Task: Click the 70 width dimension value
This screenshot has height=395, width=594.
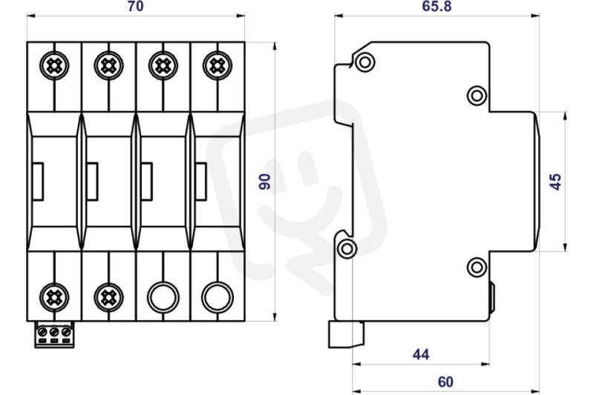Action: coord(136,7)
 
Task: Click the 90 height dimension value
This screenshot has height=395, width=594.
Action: coord(265,182)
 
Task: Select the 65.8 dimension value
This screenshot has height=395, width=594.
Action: coord(437,7)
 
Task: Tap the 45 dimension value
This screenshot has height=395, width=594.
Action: coord(555,182)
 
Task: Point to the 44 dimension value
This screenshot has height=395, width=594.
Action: coord(421,354)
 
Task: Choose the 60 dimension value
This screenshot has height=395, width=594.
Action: coord(446,382)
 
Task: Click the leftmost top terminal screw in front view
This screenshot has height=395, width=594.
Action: coord(54,66)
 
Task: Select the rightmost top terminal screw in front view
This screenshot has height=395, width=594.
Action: coord(218,66)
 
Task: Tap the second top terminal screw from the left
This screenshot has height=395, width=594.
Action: coord(108,66)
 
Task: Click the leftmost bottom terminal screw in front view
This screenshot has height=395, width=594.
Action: coord(54,297)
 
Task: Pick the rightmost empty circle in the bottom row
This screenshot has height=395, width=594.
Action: coord(217,297)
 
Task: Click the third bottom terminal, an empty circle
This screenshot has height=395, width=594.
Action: coord(163,297)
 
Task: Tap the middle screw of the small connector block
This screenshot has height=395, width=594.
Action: coord(54,332)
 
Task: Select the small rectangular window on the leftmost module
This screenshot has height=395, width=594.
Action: coord(38,182)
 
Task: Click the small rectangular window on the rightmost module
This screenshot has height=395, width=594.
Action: coord(200,182)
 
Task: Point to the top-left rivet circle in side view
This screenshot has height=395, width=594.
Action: coord(365,62)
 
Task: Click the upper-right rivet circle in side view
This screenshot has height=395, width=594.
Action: coord(477,96)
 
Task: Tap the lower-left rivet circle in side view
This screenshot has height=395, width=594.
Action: coord(347,248)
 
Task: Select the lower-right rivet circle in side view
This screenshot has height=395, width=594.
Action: coord(477,268)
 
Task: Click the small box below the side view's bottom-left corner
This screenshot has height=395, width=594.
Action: coord(346,334)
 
